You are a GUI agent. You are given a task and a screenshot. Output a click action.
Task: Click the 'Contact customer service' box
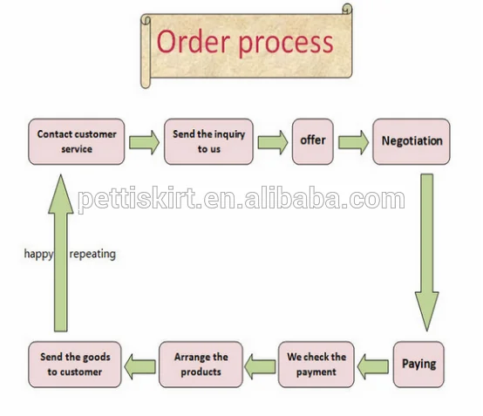click(77, 141)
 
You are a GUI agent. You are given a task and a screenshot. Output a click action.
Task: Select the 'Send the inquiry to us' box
click(208, 141)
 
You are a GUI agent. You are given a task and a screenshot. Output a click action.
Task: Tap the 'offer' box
click(313, 141)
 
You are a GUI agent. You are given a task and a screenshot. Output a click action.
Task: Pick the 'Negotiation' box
click(412, 141)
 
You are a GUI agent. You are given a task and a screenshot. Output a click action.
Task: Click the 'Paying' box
click(418, 365)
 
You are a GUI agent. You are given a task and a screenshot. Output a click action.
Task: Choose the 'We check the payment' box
click(316, 365)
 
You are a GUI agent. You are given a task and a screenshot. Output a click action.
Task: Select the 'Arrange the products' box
click(201, 365)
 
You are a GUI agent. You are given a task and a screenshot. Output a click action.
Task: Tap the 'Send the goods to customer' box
click(75, 365)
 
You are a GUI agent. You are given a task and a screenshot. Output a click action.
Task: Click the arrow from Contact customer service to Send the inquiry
click(144, 142)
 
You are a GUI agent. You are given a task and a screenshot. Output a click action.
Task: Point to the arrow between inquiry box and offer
click(273, 142)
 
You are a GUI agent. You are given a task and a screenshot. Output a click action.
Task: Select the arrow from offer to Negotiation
click(353, 142)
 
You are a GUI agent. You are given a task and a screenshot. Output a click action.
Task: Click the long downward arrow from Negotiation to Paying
click(427, 253)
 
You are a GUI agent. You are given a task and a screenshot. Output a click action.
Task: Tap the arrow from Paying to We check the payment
click(373, 366)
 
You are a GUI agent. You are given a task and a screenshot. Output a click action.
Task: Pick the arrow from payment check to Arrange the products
click(260, 366)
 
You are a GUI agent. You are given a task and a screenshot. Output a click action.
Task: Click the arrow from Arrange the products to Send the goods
click(139, 366)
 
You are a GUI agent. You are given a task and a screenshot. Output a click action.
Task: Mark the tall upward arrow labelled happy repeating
click(61, 253)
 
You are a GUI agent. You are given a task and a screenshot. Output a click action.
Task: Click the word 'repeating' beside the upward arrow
click(92, 255)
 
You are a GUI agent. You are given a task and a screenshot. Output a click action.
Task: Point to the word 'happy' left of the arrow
click(39, 255)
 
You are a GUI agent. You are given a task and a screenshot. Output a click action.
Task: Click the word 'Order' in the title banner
click(194, 42)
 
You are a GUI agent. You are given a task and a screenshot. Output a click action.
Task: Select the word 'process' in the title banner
click(286, 44)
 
